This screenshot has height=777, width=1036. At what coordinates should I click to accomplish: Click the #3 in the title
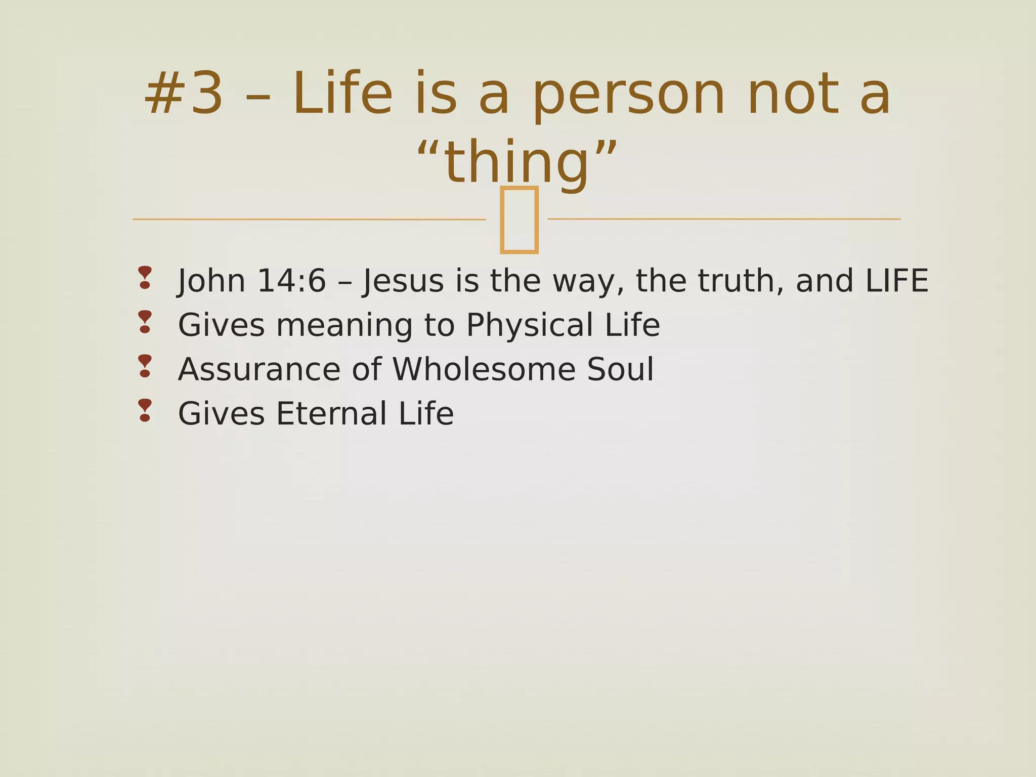(183, 94)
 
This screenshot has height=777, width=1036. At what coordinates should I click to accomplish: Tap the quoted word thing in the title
(517, 162)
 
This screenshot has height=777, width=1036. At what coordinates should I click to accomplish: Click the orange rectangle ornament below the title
(519, 220)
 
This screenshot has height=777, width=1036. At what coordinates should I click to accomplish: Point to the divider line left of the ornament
(309, 219)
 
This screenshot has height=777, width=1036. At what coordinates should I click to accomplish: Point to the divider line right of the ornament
(723, 219)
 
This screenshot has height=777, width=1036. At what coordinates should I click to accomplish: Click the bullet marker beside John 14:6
(145, 278)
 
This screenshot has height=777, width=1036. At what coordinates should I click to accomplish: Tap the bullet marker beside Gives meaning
(145, 322)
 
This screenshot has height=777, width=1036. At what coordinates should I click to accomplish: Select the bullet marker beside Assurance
(145, 366)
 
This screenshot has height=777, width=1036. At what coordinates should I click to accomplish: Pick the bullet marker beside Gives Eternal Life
(145, 410)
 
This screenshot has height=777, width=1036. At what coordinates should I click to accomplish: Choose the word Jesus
(403, 281)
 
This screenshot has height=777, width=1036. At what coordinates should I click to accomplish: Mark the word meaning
(344, 325)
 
